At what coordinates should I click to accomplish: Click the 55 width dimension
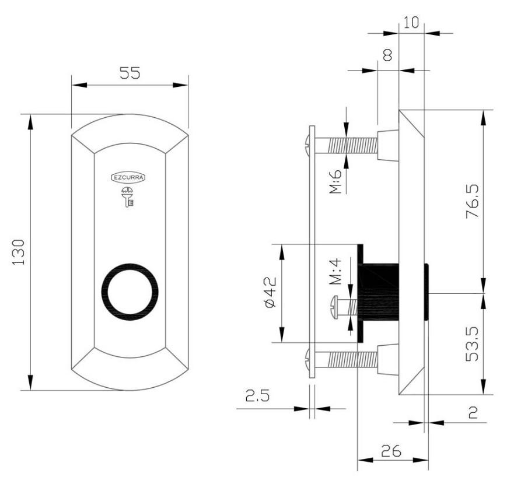(x=130, y=73)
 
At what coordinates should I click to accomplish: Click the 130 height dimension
(x=19, y=252)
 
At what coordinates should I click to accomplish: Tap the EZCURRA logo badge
(x=128, y=177)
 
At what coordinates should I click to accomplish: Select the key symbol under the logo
(x=128, y=197)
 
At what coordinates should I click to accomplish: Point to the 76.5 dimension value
(x=473, y=201)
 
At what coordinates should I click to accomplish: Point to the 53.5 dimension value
(x=473, y=343)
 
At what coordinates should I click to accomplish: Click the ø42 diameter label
(x=270, y=292)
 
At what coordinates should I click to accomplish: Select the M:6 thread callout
(x=335, y=181)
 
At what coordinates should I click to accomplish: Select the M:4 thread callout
(x=335, y=271)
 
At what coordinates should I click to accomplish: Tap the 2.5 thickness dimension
(x=257, y=395)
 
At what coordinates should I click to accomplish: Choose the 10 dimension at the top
(x=411, y=23)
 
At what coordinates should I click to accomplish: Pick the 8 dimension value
(x=387, y=55)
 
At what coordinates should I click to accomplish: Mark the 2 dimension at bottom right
(x=473, y=413)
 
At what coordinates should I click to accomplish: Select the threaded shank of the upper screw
(x=352, y=145)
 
